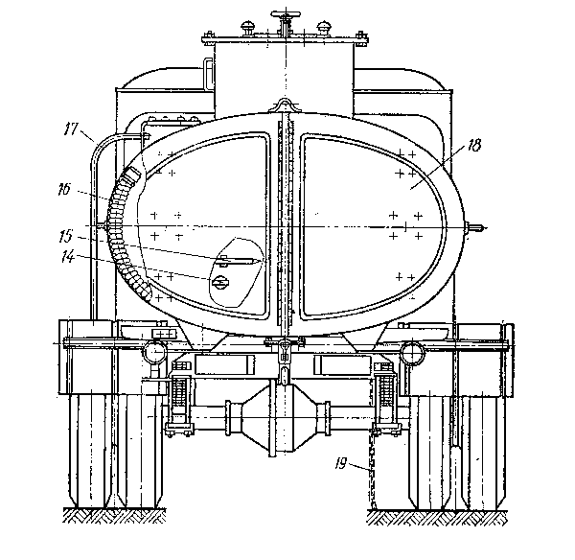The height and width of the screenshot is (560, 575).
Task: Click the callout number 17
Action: pyautogui.click(x=72, y=128)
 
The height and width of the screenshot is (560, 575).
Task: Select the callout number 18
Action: pyautogui.click(x=473, y=145)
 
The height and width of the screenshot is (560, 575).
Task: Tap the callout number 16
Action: pyautogui.click(x=64, y=190)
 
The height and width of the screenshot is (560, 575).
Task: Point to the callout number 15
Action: pyautogui.click(x=66, y=236)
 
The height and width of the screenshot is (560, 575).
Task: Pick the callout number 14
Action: pyautogui.click(x=68, y=256)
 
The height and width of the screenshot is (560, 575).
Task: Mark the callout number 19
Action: pyautogui.click(x=340, y=464)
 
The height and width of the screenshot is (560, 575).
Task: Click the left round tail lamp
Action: pyautogui.click(x=155, y=352)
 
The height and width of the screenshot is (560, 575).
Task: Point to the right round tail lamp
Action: pyautogui.click(x=412, y=352)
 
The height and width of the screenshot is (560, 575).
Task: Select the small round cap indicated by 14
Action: pyautogui.click(x=220, y=282)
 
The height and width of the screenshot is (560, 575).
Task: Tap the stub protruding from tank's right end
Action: pyautogui.click(x=475, y=228)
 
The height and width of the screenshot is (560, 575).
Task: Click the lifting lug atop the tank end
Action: pyautogui.click(x=285, y=105)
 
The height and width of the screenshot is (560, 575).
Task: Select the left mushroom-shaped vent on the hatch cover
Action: pyautogui.click(x=248, y=28)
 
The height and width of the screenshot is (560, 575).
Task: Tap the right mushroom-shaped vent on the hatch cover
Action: pyautogui.click(x=324, y=28)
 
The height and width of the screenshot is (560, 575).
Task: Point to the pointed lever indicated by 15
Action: pyautogui.click(x=239, y=261)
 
